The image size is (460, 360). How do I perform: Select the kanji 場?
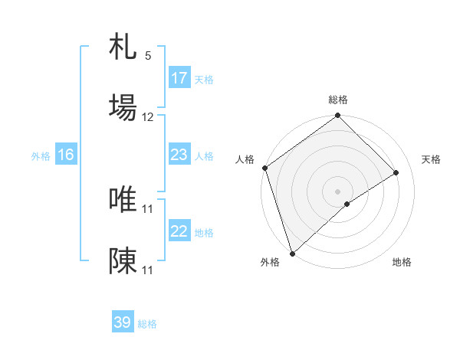click(x=123, y=107)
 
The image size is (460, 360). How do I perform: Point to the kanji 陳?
click(x=123, y=260)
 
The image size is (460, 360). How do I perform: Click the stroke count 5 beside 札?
click(x=148, y=56)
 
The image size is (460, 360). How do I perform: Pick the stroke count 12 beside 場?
click(x=148, y=117)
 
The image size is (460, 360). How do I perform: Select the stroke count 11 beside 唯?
click(x=148, y=208)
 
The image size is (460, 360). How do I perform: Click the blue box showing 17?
click(x=179, y=78)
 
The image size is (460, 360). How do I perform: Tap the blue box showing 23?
click(x=179, y=155)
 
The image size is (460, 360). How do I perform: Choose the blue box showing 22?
click(x=179, y=231)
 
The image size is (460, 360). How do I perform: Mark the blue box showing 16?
click(x=66, y=155)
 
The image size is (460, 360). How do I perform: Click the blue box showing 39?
click(x=123, y=322)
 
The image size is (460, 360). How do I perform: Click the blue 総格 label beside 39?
click(x=147, y=324)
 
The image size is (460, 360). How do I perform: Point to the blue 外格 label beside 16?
click(x=41, y=156)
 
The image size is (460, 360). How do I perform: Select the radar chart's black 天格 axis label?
click(x=431, y=159)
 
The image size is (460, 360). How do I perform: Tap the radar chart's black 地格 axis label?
click(x=402, y=263)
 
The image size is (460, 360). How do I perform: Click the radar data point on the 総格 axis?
click(x=337, y=116)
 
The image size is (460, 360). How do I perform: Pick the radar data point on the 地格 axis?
click(x=347, y=204)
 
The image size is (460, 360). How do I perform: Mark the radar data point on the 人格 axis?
click(x=264, y=168)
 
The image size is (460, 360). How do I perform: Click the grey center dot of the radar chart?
click(x=337, y=191)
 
